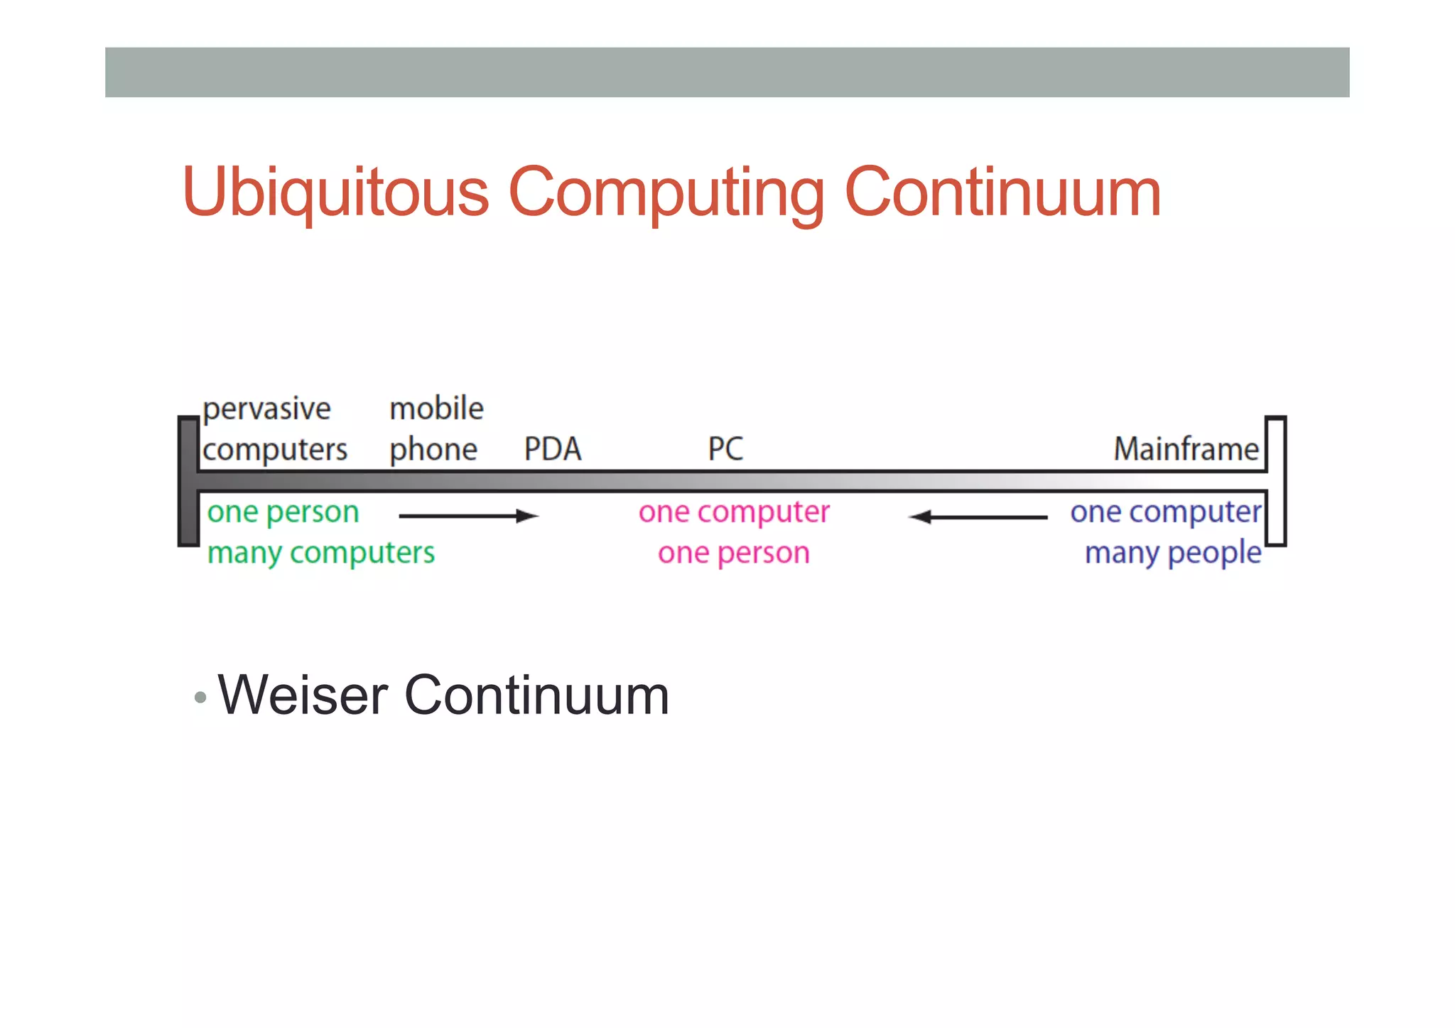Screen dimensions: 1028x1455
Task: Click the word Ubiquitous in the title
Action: click(x=335, y=192)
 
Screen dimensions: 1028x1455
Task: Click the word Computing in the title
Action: click(x=666, y=192)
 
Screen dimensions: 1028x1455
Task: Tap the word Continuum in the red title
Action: click(x=1002, y=192)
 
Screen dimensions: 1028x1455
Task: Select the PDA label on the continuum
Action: click(x=552, y=449)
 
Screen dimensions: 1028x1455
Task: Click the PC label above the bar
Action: click(x=725, y=449)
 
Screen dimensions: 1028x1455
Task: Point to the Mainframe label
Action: click(x=1185, y=449)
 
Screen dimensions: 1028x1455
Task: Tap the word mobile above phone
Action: click(x=436, y=409)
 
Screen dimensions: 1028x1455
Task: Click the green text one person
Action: click(x=283, y=512)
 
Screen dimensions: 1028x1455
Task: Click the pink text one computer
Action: click(x=733, y=512)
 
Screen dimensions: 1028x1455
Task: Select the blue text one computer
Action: click(x=1165, y=512)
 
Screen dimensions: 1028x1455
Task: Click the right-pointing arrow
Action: click(x=469, y=516)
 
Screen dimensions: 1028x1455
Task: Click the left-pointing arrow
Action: click(x=978, y=517)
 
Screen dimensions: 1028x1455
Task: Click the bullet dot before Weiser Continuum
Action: click(x=200, y=698)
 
